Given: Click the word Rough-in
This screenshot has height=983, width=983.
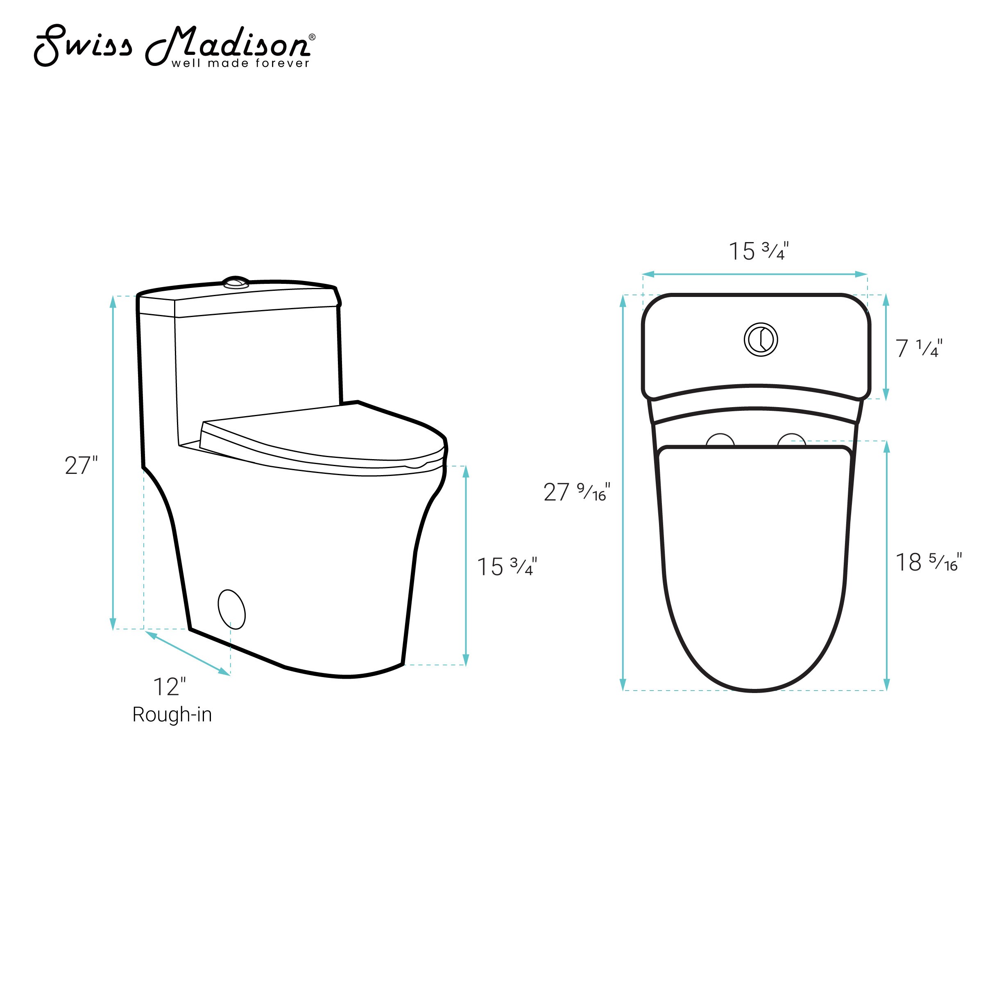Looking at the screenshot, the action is (172, 714).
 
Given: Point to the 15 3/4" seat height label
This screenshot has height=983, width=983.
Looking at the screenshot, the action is (507, 566).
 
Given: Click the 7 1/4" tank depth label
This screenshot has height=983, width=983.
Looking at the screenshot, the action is (919, 348).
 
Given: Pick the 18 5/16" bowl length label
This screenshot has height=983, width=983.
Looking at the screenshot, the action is (929, 562).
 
